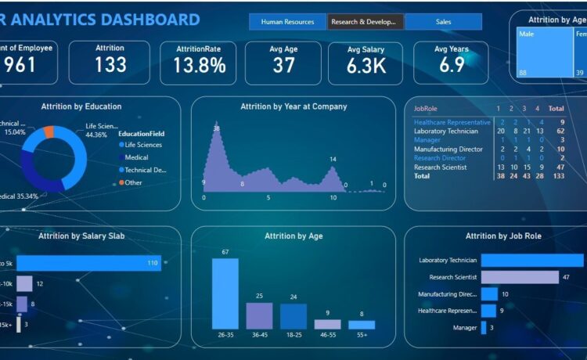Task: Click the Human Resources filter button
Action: pos(287,22)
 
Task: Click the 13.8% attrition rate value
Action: pos(199,66)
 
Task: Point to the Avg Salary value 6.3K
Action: pos(367,66)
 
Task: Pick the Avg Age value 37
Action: pos(283,66)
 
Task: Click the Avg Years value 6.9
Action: pos(452,66)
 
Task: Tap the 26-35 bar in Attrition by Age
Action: pos(225,293)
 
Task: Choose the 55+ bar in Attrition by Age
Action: pos(362,324)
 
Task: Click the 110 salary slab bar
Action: pos(88,264)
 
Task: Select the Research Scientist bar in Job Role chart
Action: pos(520,277)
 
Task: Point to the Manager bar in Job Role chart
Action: pos(484,328)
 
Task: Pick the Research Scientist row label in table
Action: pos(440,167)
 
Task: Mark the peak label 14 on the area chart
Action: pos(333,160)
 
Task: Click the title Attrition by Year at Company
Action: pos(293,106)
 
